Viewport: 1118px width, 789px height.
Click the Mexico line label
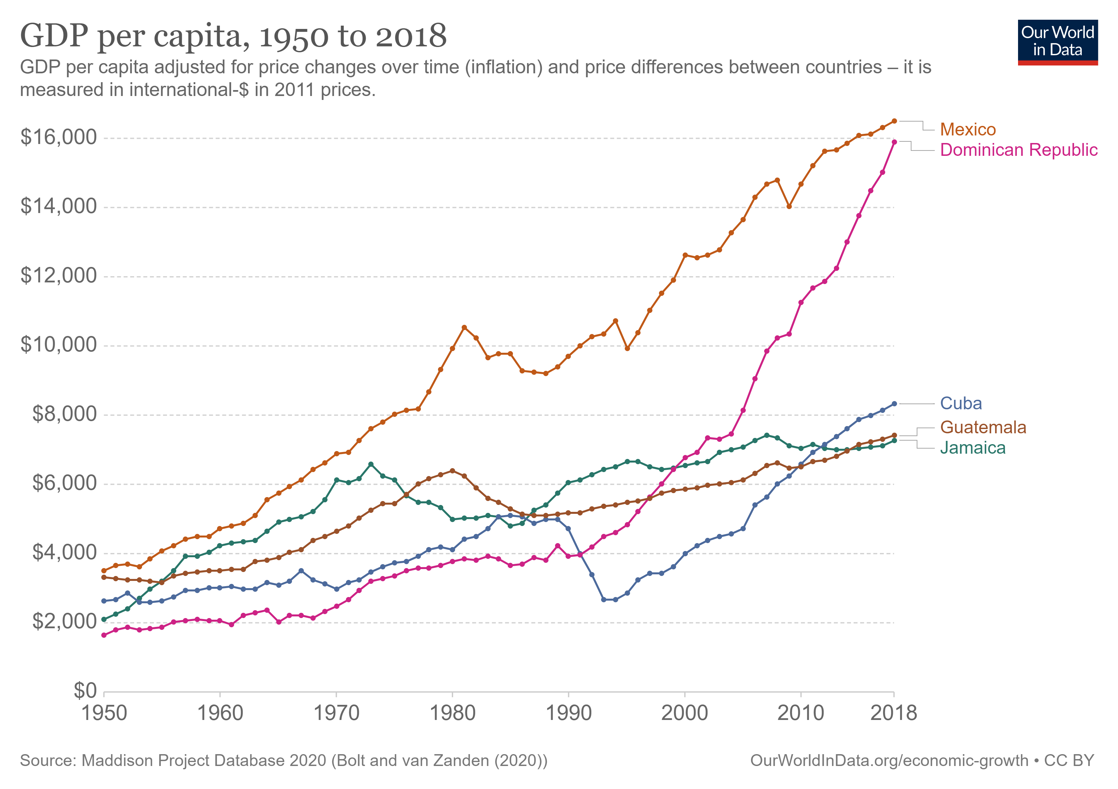coord(967,130)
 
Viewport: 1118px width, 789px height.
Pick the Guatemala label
coord(983,427)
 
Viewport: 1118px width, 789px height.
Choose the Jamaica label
coord(972,448)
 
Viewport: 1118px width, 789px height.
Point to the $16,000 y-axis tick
coord(59,138)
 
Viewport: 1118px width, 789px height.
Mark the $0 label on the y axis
coord(85,691)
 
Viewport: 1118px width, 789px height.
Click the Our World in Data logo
coord(1057,42)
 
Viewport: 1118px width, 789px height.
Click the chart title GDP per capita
coord(233,36)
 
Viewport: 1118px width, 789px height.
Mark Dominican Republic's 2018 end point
coord(894,142)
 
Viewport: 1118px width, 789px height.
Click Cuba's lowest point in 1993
coord(604,600)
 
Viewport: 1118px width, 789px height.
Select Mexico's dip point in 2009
coord(789,206)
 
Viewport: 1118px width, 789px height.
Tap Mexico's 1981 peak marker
coord(464,327)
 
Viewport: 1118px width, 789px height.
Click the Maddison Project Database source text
coord(283,761)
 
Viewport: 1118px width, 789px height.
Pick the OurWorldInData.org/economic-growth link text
coord(889,761)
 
